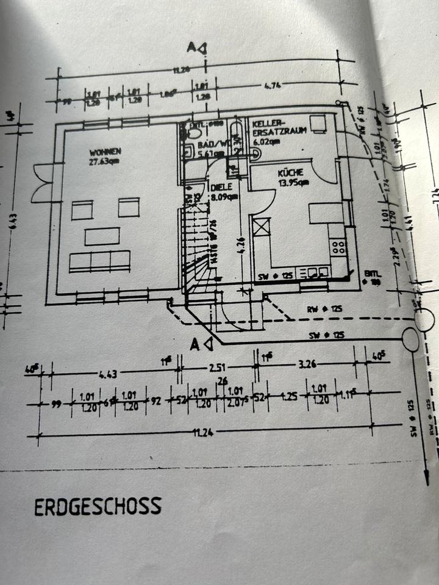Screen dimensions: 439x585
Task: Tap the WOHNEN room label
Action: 105,152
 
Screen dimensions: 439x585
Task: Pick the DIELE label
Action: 219,188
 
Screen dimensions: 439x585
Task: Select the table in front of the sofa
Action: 102,236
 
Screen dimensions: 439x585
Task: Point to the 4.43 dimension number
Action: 107,373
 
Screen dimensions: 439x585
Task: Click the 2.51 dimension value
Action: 215,369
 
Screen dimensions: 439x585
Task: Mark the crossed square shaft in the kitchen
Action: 260,228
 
